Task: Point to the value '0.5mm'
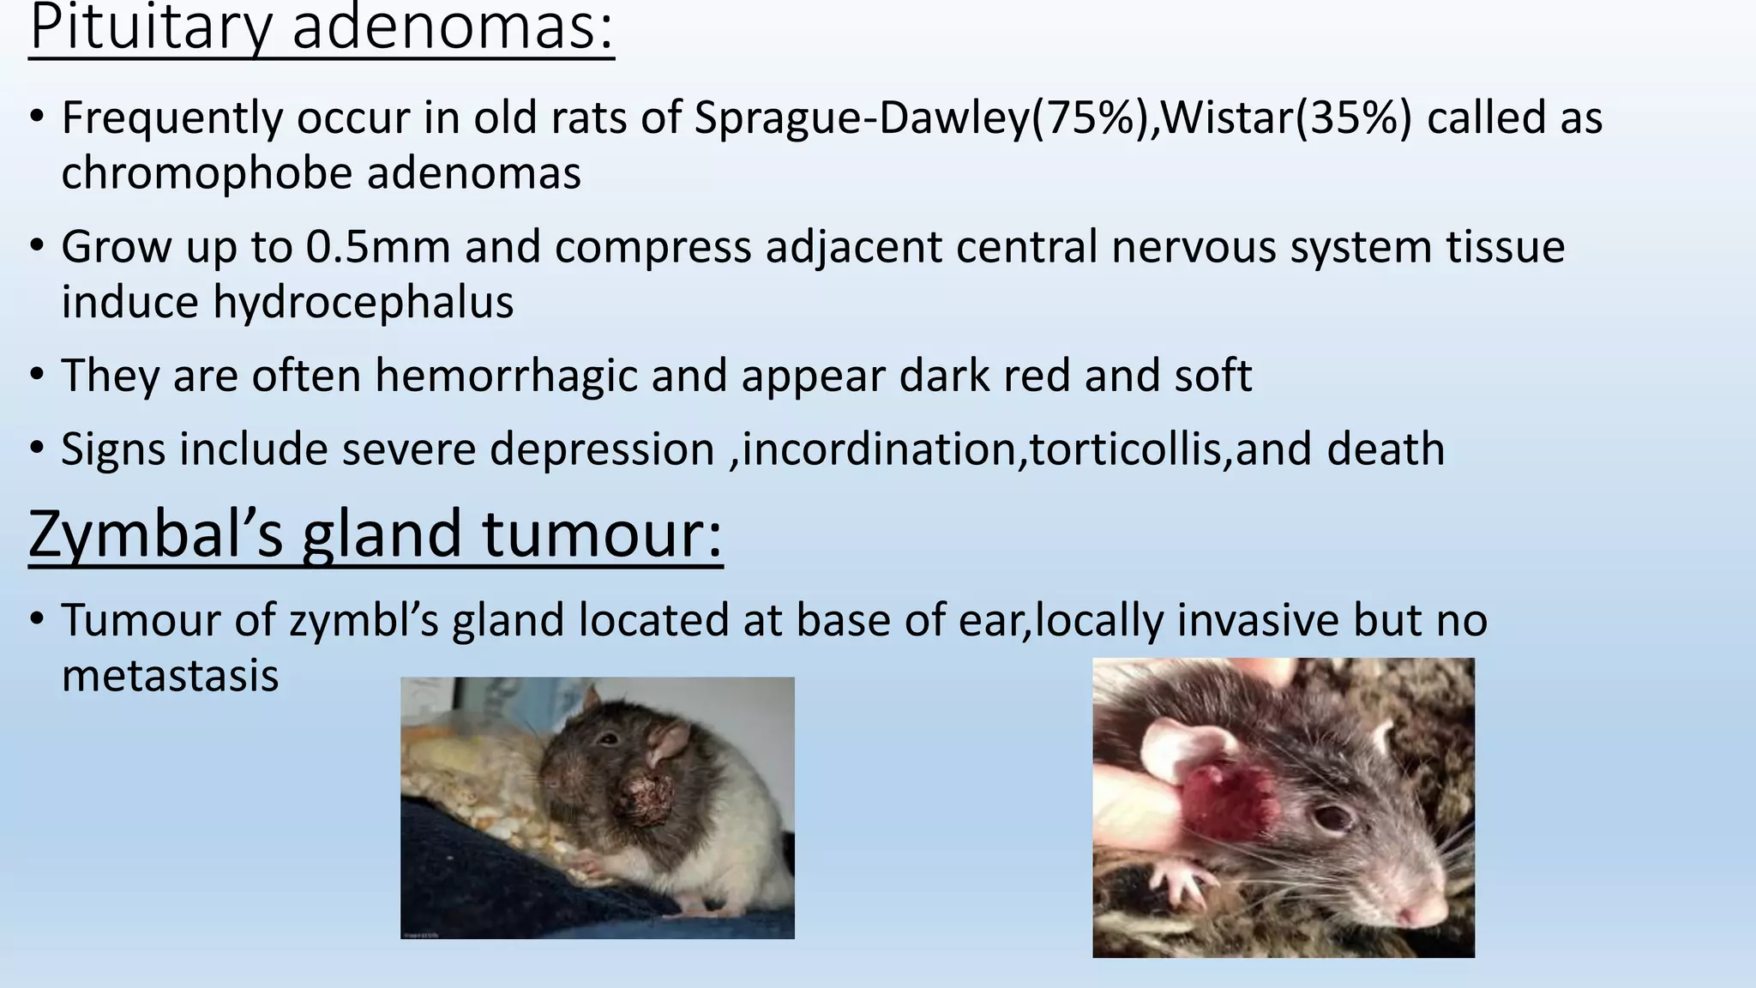(x=377, y=247)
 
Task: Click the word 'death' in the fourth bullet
(x=1386, y=449)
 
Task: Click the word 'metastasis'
(x=170, y=676)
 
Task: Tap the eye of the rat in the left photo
(x=610, y=738)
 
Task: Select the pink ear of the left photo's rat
(x=669, y=743)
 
